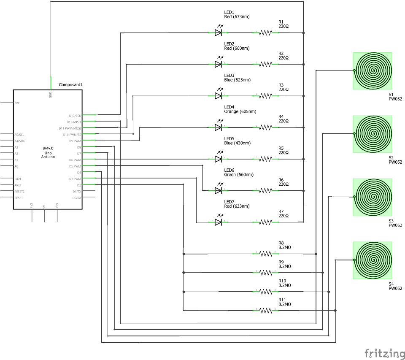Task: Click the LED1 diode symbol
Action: (218, 32)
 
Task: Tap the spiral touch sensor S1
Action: (373, 70)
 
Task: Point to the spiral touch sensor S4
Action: (373, 260)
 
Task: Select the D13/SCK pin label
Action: (75, 115)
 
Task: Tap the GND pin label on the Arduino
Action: (50, 95)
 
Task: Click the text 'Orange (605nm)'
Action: (240, 111)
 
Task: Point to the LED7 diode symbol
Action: (218, 222)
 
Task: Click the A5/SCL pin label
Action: (19, 135)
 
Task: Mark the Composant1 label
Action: (70, 85)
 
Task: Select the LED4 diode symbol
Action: (218, 127)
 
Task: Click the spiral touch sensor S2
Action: (373, 134)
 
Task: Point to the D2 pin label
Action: (78, 185)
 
